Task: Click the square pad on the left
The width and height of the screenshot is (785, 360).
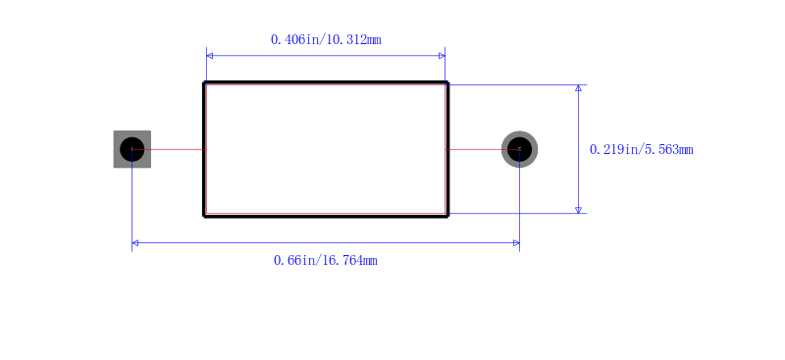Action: tap(132, 149)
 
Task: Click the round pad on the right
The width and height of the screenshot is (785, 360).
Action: tap(520, 149)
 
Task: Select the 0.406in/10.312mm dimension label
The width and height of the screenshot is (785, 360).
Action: tap(326, 39)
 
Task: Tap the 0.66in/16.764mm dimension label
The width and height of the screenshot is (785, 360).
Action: tap(326, 260)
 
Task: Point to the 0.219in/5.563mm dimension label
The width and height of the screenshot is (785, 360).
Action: tap(642, 149)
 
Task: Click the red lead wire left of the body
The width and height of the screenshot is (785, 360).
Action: tap(169, 149)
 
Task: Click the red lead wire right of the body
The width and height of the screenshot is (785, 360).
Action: tap(483, 149)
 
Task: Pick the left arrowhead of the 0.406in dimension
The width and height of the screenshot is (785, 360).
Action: tap(209, 56)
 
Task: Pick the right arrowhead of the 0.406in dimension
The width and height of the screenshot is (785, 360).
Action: tap(442, 56)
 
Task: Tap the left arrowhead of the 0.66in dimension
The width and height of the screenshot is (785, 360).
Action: tap(135, 243)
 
